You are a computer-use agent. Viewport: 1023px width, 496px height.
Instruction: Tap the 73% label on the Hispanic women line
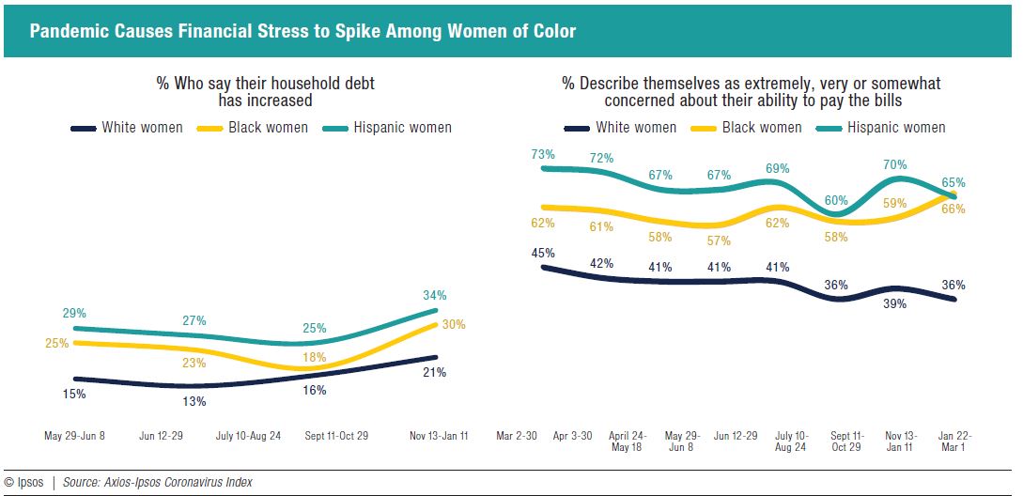(x=543, y=154)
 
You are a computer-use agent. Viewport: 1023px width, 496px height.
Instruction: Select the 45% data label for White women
(x=543, y=253)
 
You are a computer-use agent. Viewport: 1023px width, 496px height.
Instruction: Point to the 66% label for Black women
(x=953, y=209)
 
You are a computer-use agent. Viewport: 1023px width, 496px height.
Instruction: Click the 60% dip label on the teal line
(x=836, y=200)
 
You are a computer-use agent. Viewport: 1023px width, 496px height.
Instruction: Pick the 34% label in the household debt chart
(x=434, y=295)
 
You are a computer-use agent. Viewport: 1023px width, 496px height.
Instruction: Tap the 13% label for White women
(x=194, y=402)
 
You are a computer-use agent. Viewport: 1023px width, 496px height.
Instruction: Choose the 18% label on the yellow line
(x=314, y=358)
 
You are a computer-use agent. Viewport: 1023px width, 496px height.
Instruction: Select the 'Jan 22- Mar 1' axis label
(x=953, y=442)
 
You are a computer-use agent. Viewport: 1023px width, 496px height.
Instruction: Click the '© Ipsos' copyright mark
(x=23, y=482)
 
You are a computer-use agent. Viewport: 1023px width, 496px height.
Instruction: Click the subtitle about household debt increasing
(x=265, y=91)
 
